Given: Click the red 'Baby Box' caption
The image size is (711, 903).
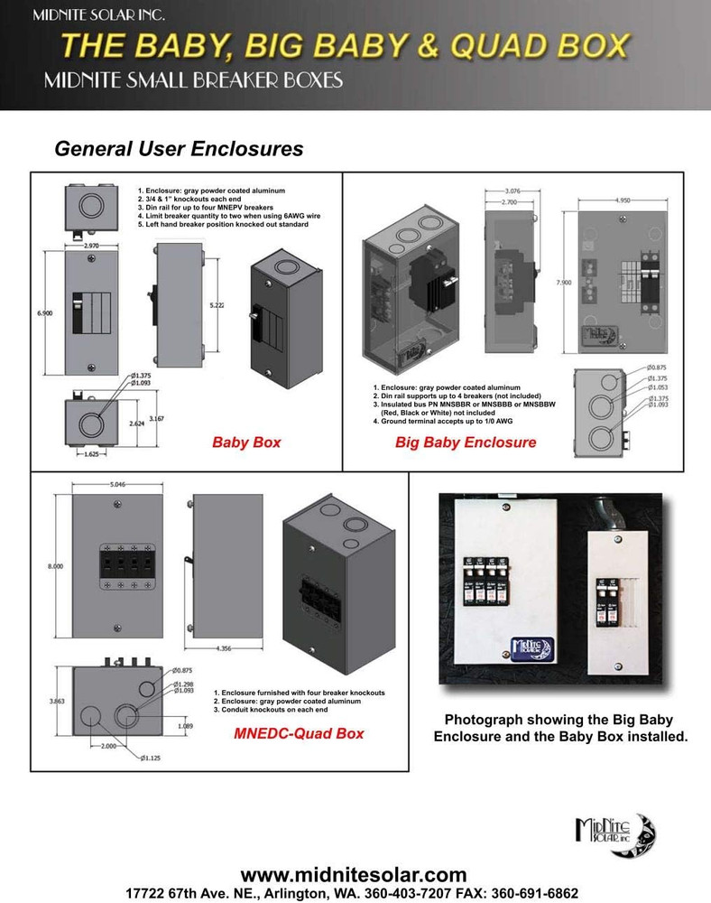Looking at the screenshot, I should tap(246, 442).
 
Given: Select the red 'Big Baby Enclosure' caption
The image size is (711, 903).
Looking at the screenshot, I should tap(466, 442).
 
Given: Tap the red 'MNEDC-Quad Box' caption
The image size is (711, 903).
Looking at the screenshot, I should tap(299, 733).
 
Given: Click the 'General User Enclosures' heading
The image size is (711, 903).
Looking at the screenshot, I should tap(179, 148).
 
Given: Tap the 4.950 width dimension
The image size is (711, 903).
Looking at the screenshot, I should tap(627, 200).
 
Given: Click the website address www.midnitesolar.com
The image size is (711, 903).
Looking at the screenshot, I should tap(355, 874).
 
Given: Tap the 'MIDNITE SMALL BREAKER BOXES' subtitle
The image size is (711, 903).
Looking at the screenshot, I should tap(193, 81).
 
